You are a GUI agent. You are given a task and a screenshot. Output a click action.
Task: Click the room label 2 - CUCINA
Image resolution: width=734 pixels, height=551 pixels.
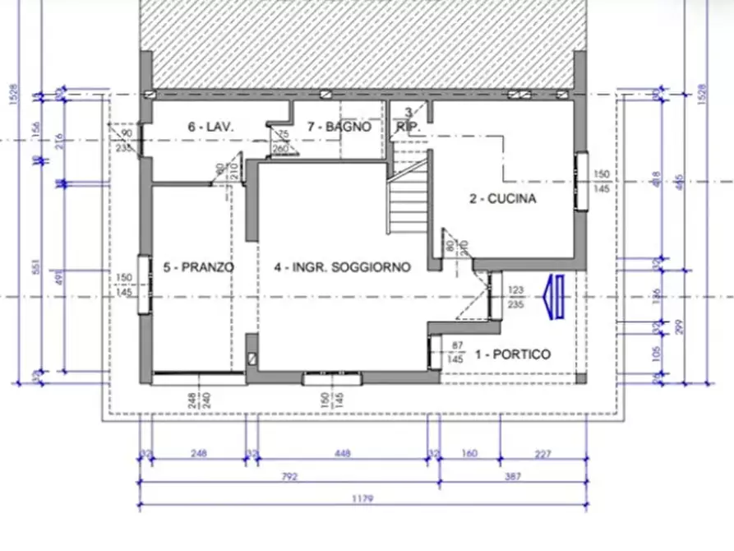(x=502, y=198)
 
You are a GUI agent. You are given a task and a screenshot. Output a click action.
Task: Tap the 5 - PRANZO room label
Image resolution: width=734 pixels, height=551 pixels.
(x=199, y=267)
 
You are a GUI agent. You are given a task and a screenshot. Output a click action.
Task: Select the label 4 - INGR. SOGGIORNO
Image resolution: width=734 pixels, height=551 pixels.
(x=342, y=267)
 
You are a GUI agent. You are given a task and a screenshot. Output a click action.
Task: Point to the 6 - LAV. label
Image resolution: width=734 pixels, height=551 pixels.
(x=211, y=127)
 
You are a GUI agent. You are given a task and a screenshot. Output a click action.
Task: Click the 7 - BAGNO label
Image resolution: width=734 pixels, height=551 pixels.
(x=338, y=127)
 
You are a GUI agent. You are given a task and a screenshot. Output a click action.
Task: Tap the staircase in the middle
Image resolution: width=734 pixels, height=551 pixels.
(x=409, y=201)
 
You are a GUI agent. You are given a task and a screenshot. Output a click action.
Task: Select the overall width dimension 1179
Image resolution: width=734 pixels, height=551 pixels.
(x=362, y=498)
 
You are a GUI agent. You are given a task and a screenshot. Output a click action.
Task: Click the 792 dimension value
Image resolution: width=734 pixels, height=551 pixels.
(x=288, y=476)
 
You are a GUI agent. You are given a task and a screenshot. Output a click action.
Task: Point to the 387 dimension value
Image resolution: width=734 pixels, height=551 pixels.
(x=513, y=476)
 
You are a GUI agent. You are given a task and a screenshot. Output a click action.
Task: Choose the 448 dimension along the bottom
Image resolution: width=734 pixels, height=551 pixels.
(x=343, y=453)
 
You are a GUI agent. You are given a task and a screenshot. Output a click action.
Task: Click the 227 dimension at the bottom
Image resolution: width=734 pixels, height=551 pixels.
(x=542, y=453)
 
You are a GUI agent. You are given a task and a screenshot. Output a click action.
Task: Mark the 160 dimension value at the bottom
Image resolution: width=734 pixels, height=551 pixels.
(x=469, y=453)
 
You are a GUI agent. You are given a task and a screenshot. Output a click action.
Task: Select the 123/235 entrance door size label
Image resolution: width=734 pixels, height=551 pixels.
(x=516, y=296)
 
